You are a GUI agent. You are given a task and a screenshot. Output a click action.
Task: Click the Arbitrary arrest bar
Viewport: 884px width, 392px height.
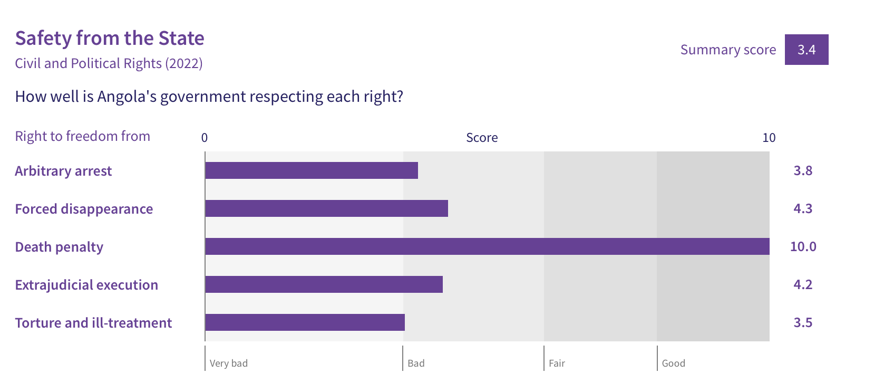point(312,170)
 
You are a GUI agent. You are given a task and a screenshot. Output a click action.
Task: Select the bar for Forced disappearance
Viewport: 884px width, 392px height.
point(326,208)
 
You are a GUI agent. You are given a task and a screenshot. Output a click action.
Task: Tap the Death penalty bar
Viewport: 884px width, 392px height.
point(488,246)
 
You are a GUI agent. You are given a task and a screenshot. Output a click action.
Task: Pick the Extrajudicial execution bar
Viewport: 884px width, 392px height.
point(324,284)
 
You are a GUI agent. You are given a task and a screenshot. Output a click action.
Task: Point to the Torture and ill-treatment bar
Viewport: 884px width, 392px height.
point(305,322)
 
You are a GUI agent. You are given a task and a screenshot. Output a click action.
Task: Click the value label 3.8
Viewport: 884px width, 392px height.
point(803,171)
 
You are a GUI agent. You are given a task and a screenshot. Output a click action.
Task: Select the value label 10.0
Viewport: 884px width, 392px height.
point(803,246)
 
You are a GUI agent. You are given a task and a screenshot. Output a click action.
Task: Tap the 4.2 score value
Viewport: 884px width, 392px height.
point(803,284)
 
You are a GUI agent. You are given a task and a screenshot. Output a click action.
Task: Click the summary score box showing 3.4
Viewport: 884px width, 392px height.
point(807,50)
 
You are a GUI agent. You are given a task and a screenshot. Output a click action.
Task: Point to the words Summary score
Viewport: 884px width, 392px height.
point(728,50)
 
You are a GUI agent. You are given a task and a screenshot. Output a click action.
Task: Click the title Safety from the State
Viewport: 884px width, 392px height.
point(110,39)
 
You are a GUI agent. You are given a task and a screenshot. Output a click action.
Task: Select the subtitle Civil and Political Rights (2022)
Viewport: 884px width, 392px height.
point(109,63)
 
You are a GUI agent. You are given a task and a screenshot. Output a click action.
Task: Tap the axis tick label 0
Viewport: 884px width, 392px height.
point(205,138)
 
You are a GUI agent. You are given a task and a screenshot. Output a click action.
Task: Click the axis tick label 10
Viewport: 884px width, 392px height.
point(769,138)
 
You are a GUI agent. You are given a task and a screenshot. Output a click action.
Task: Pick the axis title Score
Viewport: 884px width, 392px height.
point(482,138)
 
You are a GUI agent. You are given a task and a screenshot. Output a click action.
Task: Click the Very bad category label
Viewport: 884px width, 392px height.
point(228,363)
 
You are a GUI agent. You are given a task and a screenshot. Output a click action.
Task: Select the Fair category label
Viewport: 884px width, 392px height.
point(557,363)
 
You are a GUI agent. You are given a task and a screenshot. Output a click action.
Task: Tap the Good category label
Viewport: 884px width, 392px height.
point(673,363)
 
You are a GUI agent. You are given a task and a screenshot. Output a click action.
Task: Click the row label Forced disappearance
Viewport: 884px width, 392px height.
point(84,208)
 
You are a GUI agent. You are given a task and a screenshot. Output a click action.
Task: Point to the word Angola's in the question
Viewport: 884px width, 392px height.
point(127,97)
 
